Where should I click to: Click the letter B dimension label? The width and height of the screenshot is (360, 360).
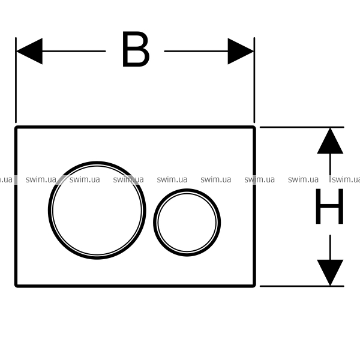tap(136, 49)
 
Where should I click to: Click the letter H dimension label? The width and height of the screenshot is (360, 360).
tap(329, 206)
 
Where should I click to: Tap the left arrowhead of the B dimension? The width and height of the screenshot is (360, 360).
tap(29, 51)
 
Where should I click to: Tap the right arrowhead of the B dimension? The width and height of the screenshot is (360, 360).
tap(241, 51)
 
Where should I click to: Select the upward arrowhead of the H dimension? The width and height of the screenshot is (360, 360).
tap(330, 140)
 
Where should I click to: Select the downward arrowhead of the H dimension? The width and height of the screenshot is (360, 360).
tap(330, 273)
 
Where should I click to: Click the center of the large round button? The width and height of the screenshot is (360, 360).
tap(97, 211)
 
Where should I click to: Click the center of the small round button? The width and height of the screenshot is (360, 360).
tap(187, 223)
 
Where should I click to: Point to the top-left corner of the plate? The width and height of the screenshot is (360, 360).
tap(16, 127)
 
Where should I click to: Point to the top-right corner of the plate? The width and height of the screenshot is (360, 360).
tap(254, 127)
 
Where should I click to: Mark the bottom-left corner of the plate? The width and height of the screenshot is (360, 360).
tap(16, 286)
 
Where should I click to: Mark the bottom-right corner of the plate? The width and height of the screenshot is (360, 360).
tap(254, 286)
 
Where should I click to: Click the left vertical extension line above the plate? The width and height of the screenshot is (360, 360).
tap(16, 80)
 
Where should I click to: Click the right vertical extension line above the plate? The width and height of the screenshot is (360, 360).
tap(254, 80)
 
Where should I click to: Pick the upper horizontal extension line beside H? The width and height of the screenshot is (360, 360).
tap(302, 127)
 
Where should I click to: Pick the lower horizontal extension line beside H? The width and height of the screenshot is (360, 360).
tap(302, 286)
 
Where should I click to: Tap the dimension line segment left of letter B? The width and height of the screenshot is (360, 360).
tap(74, 51)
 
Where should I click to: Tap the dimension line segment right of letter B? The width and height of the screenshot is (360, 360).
tap(196, 51)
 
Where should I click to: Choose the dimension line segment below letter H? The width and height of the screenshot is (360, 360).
tap(330, 247)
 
